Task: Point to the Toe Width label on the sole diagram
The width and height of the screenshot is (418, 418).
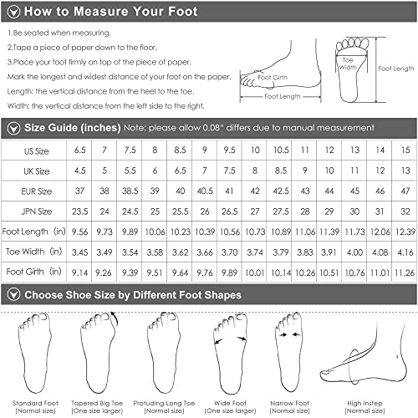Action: click(348, 64)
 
